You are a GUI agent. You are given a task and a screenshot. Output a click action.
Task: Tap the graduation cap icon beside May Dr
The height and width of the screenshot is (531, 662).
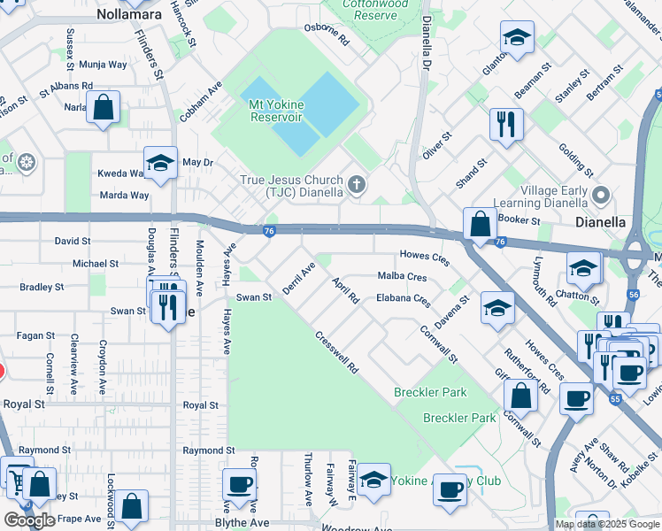(160, 163)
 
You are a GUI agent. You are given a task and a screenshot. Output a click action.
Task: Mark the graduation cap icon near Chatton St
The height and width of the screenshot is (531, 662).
(584, 267)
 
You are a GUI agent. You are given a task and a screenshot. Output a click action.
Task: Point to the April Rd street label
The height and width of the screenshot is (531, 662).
(345, 289)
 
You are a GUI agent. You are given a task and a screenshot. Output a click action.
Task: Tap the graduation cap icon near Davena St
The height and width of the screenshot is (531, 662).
(497, 308)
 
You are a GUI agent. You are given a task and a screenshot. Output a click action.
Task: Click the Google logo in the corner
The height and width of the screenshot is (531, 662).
(29, 520)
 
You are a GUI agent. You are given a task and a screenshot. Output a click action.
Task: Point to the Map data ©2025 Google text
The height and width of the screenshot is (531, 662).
(606, 524)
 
